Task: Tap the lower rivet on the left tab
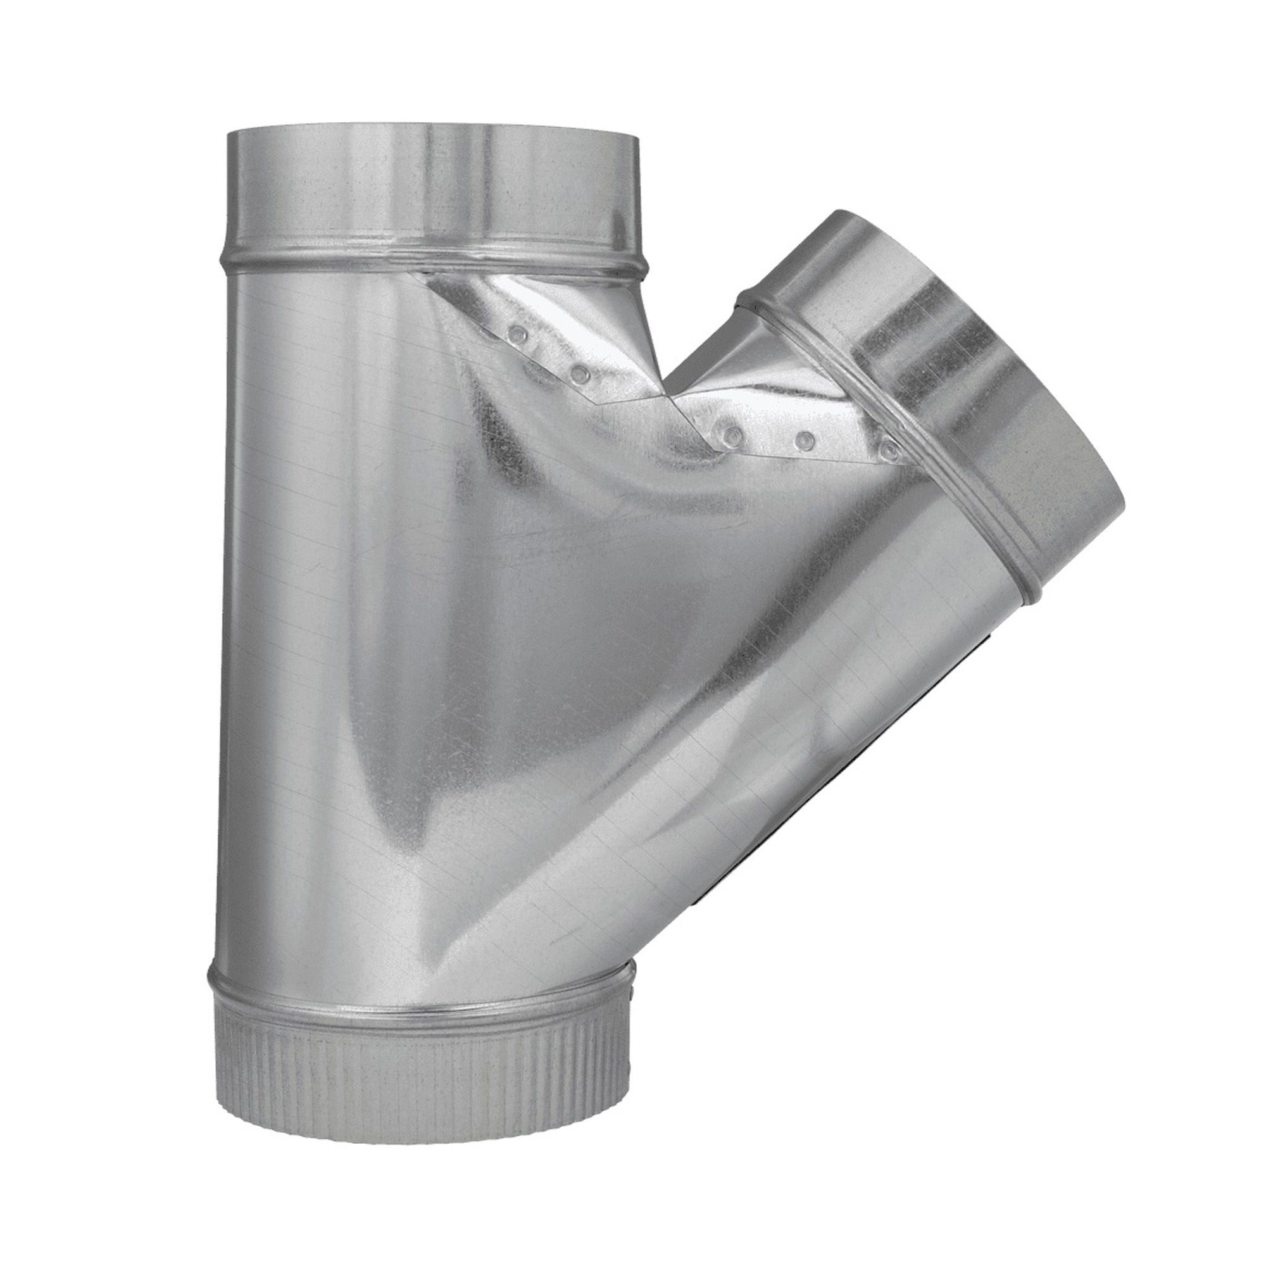click(x=578, y=375)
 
